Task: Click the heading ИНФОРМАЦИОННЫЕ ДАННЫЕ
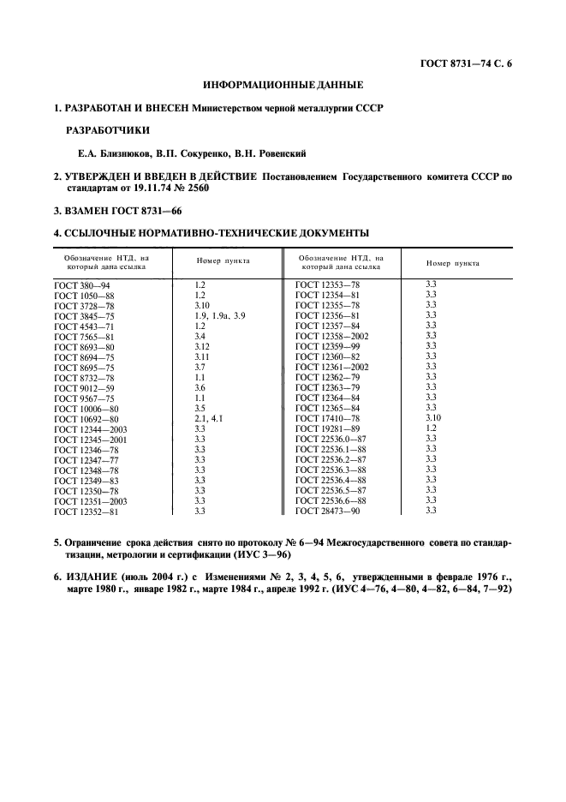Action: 283,86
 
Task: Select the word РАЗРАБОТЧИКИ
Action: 107,131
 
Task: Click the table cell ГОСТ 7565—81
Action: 84,336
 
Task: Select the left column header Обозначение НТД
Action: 107,261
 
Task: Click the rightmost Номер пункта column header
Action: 453,263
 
